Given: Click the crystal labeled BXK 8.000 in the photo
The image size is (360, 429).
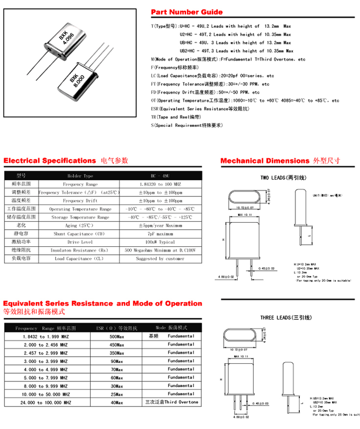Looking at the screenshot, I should click(x=76, y=81).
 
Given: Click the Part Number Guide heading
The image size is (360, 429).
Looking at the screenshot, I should click(x=187, y=12).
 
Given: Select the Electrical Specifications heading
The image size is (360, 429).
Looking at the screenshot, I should click(x=49, y=161).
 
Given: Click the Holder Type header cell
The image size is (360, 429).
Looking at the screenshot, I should click(x=80, y=176).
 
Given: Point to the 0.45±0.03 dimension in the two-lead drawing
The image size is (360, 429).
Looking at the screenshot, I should click(x=266, y=268).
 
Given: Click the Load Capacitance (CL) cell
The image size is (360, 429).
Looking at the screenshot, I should click(x=80, y=259).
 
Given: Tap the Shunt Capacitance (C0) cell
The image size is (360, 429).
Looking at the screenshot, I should click(x=80, y=234).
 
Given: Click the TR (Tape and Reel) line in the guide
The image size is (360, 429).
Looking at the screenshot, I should click(x=176, y=117).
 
